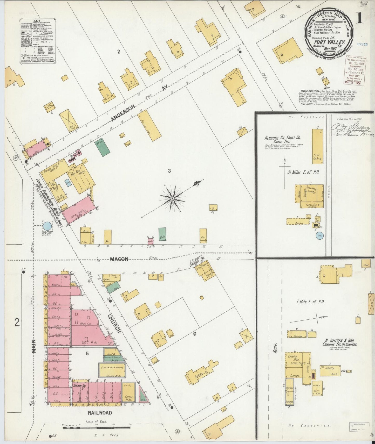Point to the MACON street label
pos(119,259)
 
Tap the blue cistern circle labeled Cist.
pos(319,235)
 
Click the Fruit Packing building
pos(317,147)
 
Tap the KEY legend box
pos(38,41)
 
